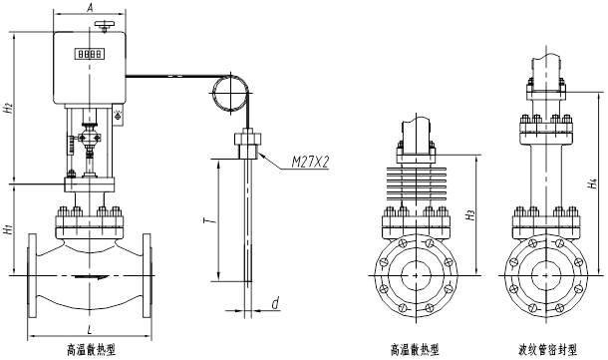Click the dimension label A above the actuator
[x=90, y=7]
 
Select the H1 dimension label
[x=9, y=229]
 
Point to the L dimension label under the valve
[x=90, y=330]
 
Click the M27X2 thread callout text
[x=310, y=163]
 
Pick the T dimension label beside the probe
[x=209, y=220]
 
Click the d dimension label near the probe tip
[x=275, y=303]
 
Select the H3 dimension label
[x=470, y=214]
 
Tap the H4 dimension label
[x=592, y=183]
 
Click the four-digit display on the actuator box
[x=90, y=54]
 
